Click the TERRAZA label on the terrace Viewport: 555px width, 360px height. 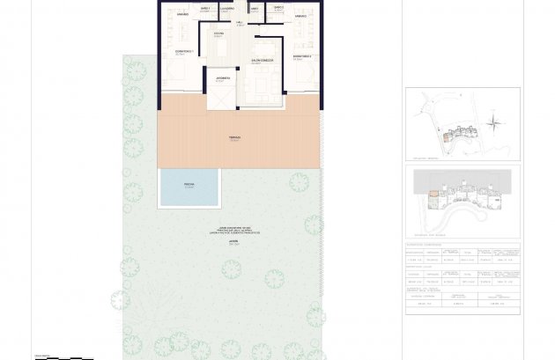coord(234,137)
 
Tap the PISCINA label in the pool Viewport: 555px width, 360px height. coord(189,186)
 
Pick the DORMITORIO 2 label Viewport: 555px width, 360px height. coord(302,56)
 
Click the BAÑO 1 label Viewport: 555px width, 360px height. coord(204,9)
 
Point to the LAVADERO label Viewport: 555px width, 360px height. coord(226,9)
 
